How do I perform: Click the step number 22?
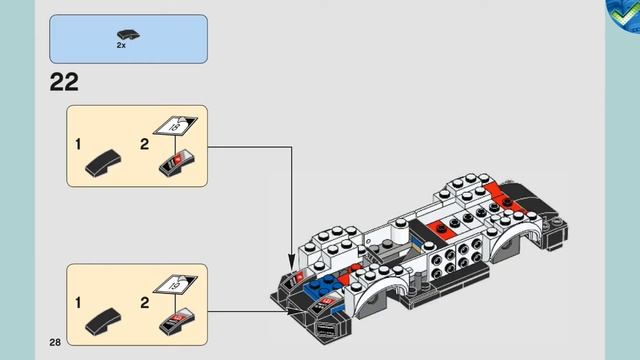pos(64,82)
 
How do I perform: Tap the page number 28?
pos(55,343)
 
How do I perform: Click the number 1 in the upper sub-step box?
pos(78,145)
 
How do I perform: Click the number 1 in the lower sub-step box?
pos(78,301)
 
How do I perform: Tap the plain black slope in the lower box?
pos(104,320)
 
